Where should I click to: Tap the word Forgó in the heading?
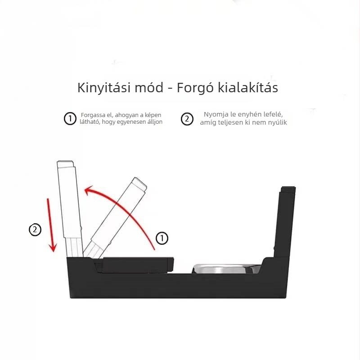click(195, 88)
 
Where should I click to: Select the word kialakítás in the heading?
click(248, 87)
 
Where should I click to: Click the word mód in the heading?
click(149, 87)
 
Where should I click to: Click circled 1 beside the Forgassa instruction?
click(70, 118)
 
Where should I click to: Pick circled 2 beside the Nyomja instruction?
click(187, 119)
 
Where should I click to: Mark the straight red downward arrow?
click(51, 225)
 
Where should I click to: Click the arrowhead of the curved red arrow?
click(89, 191)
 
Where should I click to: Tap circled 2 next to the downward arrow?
click(35, 229)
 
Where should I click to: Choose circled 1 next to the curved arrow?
click(162, 238)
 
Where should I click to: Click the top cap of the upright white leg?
click(65, 164)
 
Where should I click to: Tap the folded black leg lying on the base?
click(135, 265)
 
